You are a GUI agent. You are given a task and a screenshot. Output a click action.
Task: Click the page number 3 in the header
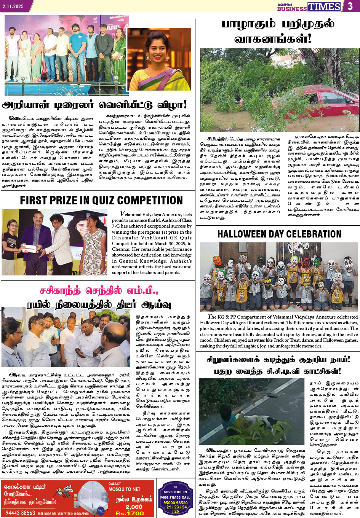(350, 6)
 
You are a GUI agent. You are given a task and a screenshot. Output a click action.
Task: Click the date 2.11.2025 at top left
(13, 6)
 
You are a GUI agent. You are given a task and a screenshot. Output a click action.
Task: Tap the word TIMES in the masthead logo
(324, 7)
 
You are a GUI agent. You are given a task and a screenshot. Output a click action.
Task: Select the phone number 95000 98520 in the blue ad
(175, 503)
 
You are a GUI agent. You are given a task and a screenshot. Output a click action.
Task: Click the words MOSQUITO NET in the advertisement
(124, 489)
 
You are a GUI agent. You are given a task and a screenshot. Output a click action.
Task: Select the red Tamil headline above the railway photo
(98, 291)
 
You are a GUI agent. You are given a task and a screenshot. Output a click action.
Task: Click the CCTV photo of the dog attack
(251, 411)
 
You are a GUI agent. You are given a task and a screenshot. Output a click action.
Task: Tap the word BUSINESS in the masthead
(291, 9)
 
